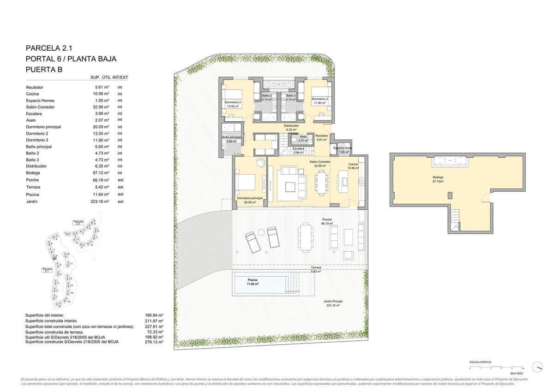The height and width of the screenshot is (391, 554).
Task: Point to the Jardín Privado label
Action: click(333, 303)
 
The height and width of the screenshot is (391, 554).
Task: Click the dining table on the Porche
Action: click(305, 237)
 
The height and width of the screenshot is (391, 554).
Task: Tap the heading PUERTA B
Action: click(43, 70)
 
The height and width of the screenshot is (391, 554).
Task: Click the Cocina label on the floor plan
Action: click(353, 166)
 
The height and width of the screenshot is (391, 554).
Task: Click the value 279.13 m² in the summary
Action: click(154, 342)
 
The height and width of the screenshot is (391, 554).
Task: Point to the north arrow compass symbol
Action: click(537, 367)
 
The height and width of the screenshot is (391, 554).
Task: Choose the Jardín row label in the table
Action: click(32, 201)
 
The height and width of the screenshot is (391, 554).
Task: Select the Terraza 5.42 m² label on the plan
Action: click(316, 269)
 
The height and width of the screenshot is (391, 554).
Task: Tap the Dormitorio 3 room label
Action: click(319, 101)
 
